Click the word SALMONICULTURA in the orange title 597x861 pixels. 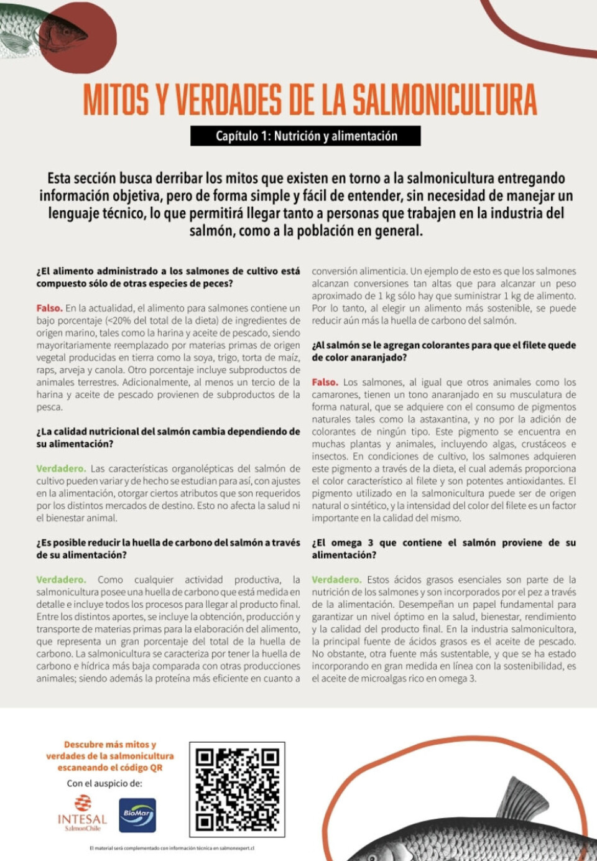(444, 100)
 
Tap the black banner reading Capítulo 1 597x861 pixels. (305, 136)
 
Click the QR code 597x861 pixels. (237, 789)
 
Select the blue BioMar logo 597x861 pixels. (137, 815)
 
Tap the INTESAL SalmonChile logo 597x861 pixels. (82, 813)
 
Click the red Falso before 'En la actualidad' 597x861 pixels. (49, 308)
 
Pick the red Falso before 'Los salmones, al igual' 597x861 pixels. (325, 382)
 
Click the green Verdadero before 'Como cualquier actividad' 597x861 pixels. (60, 580)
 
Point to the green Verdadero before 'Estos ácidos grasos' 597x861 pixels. (336, 580)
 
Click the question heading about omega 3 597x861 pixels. (443, 548)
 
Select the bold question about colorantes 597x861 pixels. (443, 351)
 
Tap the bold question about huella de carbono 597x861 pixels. (168, 548)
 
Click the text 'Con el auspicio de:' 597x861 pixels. (104, 783)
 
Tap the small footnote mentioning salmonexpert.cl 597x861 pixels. (172, 848)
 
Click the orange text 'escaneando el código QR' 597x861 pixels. (109, 768)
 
